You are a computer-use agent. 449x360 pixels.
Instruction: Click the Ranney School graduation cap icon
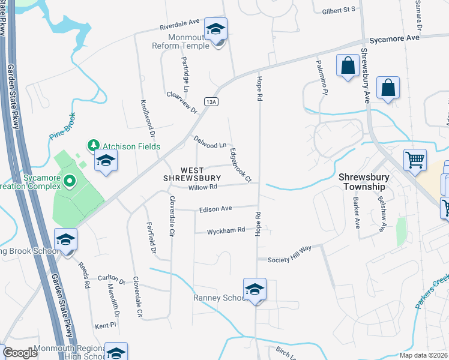pyautogui.click(x=255, y=289)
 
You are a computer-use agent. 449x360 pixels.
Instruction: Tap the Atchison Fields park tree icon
pyautogui.click(x=93, y=145)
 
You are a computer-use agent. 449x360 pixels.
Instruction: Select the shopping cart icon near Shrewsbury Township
pyautogui.click(x=415, y=160)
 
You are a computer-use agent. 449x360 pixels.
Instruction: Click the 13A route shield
pyautogui.click(x=210, y=102)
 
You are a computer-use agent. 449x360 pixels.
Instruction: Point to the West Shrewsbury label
pyautogui.click(x=193, y=173)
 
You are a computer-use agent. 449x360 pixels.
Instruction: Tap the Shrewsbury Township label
pyautogui.click(x=363, y=182)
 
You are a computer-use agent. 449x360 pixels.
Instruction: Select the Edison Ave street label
pyautogui.click(x=215, y=209)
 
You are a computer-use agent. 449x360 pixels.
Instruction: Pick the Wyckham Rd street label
pyautogui.click(x=226, y=230)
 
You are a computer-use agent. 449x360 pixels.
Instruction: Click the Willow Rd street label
pyautogui.click(x=203, y=187)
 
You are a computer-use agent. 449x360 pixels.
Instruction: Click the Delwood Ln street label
pyautogui.click(x=209, y=142)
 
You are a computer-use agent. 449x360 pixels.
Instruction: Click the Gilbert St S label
pyautogui.click(x=339, y=10)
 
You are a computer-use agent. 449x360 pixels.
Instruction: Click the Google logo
pyautogui.click(x=20, y=353)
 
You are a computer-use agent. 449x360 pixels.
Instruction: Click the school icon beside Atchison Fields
pyautogui.click(x=106, y=160)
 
